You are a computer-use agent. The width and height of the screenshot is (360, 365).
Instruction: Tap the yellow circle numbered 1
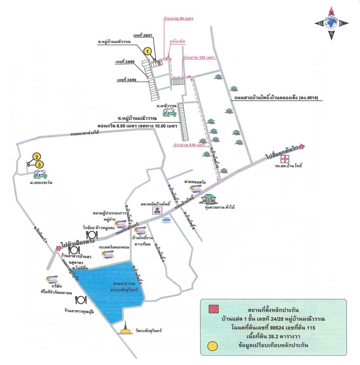point(148,50)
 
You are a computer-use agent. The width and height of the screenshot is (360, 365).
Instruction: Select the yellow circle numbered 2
point(36,157)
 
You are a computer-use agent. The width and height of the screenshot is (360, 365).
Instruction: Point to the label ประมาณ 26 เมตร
point(178,18)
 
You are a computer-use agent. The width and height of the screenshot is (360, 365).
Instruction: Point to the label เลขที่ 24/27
point(142,35)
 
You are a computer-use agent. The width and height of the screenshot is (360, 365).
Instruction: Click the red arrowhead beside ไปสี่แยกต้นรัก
point(302,147)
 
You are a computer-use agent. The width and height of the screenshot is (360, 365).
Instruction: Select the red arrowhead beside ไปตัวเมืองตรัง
point(58,248)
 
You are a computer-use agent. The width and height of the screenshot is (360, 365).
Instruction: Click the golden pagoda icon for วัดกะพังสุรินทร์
point(124,329)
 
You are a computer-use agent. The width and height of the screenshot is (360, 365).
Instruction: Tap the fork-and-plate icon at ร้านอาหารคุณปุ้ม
point(81,300)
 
